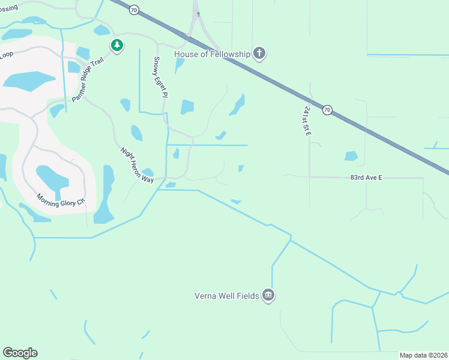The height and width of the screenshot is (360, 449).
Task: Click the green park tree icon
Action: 117,45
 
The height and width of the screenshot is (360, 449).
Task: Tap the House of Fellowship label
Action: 212,54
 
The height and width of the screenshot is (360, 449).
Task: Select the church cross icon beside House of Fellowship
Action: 259,54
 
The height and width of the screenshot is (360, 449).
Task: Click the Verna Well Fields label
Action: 226,295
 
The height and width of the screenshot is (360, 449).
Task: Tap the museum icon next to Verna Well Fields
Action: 268,295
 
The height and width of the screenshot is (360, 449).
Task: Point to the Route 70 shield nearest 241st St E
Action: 327,110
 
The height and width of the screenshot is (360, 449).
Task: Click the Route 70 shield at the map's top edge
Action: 134,10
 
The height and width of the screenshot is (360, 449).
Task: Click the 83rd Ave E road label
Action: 366,178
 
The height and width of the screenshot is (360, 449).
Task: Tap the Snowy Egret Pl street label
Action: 159,77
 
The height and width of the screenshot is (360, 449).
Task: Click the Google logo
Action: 20,353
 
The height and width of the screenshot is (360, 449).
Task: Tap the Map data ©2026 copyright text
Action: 423,355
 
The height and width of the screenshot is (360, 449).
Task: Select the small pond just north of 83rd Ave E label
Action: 351,156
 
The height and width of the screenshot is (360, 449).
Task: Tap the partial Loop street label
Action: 7,54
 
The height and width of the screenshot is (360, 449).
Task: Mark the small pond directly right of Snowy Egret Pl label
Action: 187,107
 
